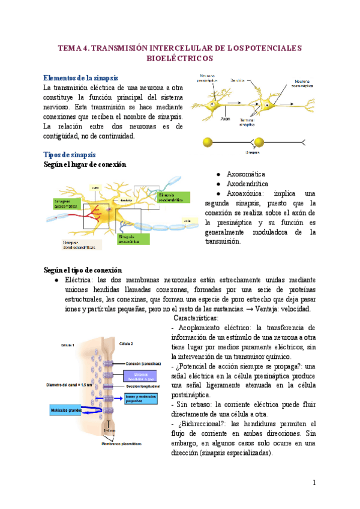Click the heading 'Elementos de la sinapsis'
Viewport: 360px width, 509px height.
coord(81,77)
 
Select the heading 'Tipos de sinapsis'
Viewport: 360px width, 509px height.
coord(70,154)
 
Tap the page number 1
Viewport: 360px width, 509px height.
coord(314,483)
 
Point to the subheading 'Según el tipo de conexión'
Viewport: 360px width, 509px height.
coord(83,270)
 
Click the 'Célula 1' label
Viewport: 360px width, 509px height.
coord(68,345)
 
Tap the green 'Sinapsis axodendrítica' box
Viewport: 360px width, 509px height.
coord(173,197)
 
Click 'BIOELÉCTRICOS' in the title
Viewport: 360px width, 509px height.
coord(179,59)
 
